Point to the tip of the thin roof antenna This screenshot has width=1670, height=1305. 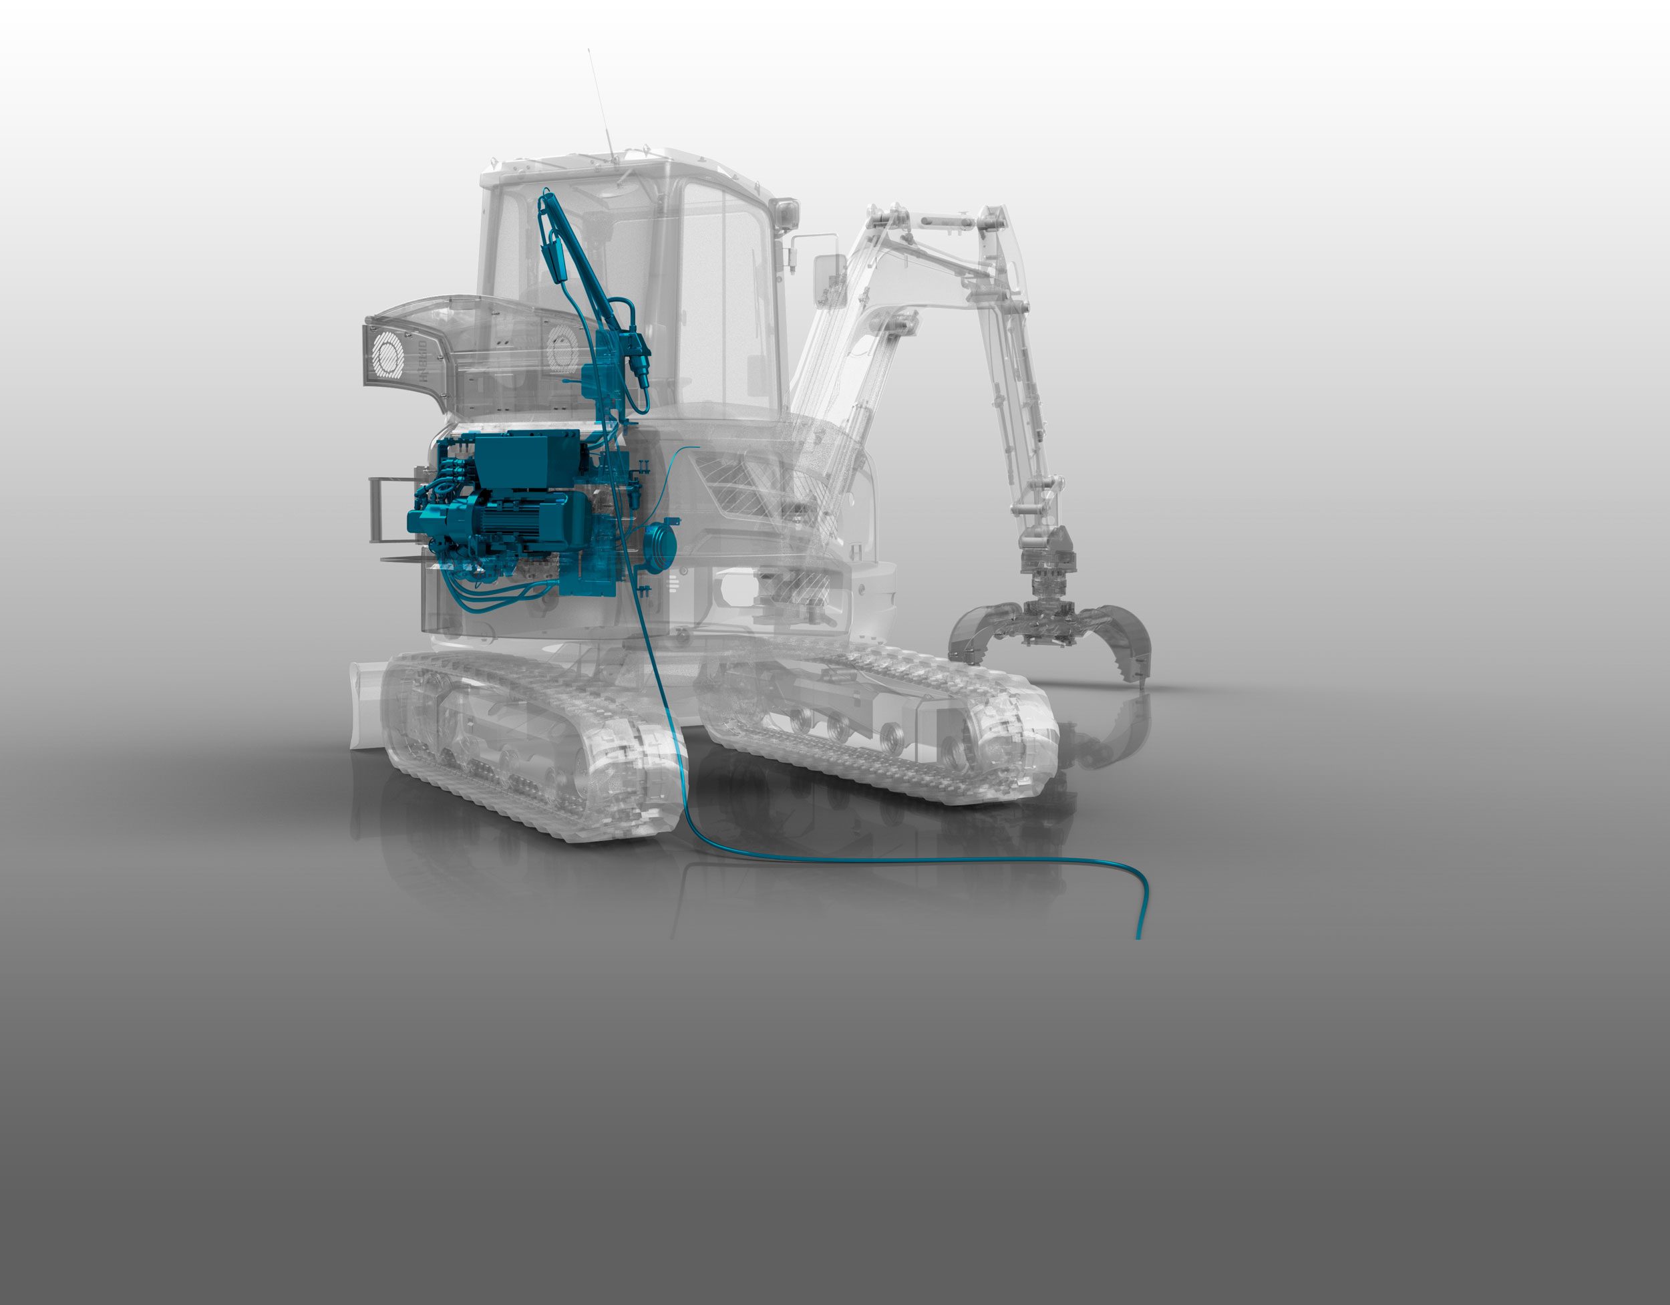pyautogui.click(x=588, y=51)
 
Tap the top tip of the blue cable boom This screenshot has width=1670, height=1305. pyautogui.click(x=545, y=195)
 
